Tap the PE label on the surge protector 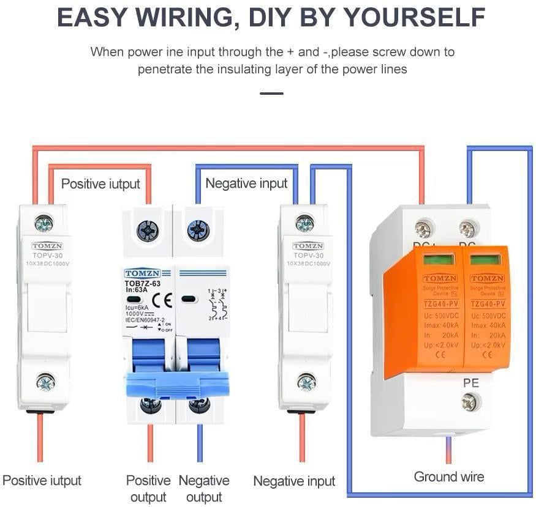[470, 383]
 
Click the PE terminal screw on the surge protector [470, 402]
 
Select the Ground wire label [449, 476]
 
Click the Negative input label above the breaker [246, 183]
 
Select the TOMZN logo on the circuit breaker [143, 273]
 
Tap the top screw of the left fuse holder [43, 223]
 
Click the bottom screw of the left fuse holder [45, 382]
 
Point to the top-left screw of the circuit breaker [148, 231]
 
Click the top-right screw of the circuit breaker [198, 231]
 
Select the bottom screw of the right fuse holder [306, 382]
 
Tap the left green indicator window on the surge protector [439, 259]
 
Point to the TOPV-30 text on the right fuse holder [308, 255]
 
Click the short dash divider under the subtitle [271, 94]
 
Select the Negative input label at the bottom [294, 481]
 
